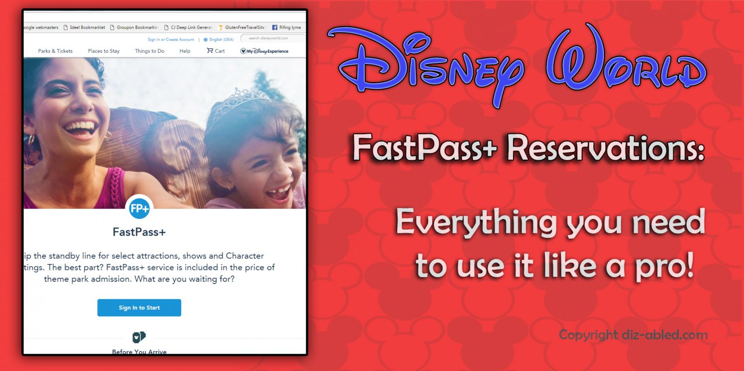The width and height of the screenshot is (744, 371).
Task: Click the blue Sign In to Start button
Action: [139, 308]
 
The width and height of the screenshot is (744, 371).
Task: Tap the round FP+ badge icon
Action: [139, 209]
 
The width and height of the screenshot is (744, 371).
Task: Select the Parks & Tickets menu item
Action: [55, 51]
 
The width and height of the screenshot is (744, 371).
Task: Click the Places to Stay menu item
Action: [104, 51]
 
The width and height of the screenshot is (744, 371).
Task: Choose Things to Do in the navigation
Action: [149, 51]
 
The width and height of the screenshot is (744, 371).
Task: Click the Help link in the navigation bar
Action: [185, 51]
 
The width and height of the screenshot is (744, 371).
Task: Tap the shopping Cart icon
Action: [210, 50]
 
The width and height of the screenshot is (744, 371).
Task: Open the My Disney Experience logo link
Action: [264, 51]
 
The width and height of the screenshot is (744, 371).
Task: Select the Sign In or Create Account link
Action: [170, 40]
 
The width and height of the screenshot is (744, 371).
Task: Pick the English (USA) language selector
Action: [218, 40]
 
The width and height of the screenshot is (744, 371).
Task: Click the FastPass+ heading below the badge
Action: [139, 232]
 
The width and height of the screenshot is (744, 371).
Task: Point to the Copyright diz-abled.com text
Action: [633, 335]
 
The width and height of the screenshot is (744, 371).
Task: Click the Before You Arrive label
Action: [139, 352]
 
